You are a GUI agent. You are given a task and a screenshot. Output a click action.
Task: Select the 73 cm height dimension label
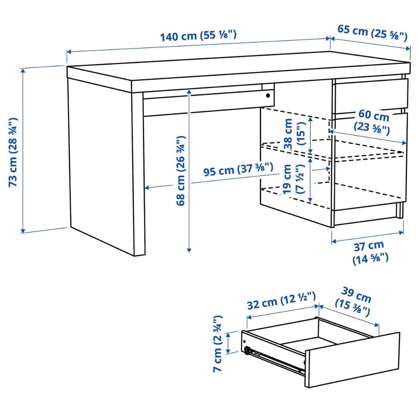[13, 152]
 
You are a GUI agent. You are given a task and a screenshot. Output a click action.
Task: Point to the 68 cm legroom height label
[181, 171]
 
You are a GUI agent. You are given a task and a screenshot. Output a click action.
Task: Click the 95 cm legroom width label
[238, 169]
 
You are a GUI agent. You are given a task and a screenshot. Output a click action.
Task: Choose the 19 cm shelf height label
[293, 179]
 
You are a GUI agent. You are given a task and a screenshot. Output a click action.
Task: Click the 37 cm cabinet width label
[370, 252]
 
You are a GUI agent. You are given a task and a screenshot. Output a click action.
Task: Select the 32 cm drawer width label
[282, 301]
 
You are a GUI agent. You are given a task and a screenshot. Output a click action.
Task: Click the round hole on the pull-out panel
[268, 96]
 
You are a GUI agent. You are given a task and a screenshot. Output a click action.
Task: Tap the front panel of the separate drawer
[352, 360]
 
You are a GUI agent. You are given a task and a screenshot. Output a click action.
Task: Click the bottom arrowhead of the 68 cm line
[189, 250]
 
